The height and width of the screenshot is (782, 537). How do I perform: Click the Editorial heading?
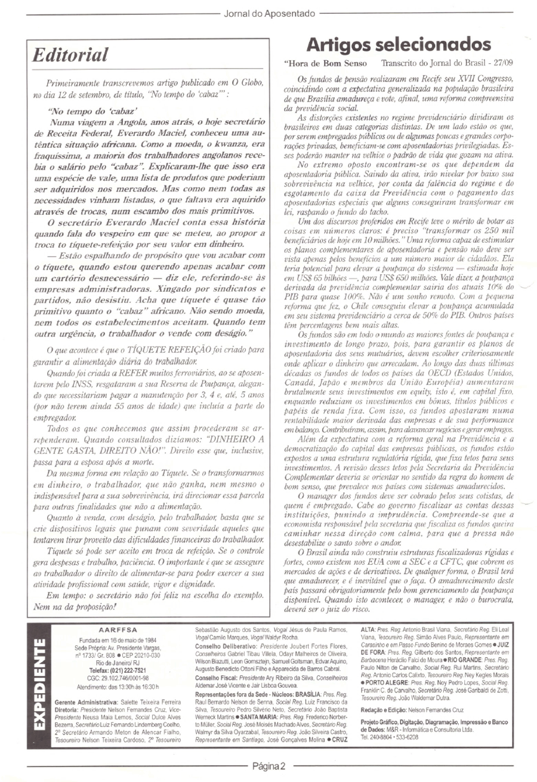[x=71, y=55]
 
